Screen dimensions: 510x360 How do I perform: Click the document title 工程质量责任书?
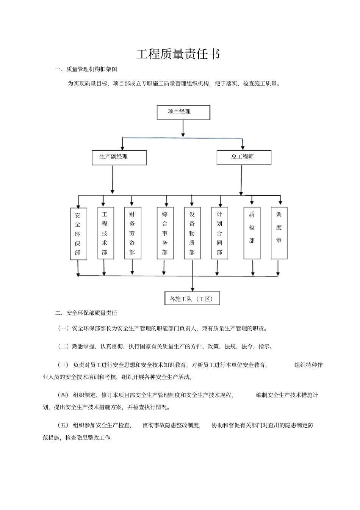[x=178, y=54]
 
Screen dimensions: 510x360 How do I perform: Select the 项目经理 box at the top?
[x=183, y=113]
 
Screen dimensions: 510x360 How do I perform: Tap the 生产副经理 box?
[x=119, y=157]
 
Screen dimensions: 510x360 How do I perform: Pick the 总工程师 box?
[x=244, y=157]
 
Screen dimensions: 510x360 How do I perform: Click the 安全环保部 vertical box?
[x=78, y=234]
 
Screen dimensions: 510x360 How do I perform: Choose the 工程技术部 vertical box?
[x=105, y=233]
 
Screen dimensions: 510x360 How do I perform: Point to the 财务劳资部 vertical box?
[x=133, y=233]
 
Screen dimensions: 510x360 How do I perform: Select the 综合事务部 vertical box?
[x=165, y=233]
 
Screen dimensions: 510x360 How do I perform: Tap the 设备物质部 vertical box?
[x=193, y=233]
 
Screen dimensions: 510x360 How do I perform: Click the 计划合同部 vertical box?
[x=219, y=233]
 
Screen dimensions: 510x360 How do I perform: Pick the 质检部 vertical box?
[x=252, y=233]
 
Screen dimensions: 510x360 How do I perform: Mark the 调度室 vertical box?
[x=279, y=233]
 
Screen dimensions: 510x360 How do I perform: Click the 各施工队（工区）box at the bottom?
[x=193, y=298]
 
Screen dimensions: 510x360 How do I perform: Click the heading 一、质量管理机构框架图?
[x=86, y=69]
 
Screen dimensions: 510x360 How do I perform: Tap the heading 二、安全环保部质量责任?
[x=86, y=313]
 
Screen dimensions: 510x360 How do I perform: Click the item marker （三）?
[x=63, y=365]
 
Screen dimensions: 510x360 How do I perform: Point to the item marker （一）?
[x=63, y=328]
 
